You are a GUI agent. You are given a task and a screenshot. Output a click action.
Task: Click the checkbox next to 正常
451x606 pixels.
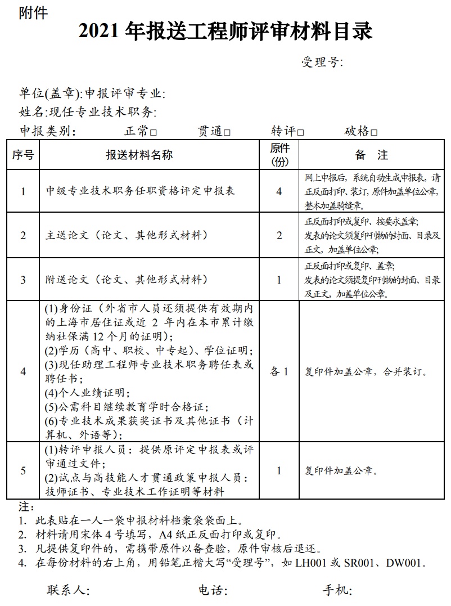pyautogui.click(x=154, y=133)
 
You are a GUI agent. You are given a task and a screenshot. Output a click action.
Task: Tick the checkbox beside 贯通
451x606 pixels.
pyautogui.click(x=227, y=133)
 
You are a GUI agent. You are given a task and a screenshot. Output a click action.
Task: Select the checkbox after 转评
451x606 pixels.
pyautogui.click(x=301, y=133)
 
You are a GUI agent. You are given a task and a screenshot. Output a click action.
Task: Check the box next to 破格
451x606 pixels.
pyautogui.click(x=375, y=133)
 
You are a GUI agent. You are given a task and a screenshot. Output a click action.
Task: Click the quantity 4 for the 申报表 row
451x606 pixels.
pyautogui.click(x=279, y=191)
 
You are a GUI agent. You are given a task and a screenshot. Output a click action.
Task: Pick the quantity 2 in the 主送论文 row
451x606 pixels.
pyautogui.click(x=279, y=235)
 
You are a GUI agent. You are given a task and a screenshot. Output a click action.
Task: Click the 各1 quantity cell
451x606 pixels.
pyautogui.click(x=279, y=371)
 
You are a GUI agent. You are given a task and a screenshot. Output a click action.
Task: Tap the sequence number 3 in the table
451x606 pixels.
pyautogui.click(x=23, y=280)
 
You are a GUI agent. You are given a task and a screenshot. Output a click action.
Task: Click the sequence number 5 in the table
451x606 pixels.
pyautogui.click(x=23, y=471)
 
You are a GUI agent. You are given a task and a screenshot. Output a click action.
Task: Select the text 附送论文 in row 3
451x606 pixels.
pyautogui.click(x=65, y=280)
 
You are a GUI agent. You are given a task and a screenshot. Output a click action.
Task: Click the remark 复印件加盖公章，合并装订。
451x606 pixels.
pyautogui.click(x=366, y=372)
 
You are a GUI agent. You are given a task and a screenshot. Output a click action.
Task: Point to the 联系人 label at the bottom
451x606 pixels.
pyautogui.click(x=67, y=590)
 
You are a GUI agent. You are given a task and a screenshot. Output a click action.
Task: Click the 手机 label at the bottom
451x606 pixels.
pyautogui.click(x=336, y=590)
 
